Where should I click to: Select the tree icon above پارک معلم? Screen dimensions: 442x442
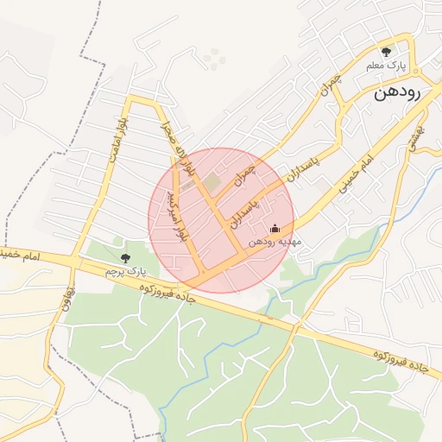pyautogui.click(x=386, y=52)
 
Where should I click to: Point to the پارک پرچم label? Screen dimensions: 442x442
pyautogui.click(x=122, y=271)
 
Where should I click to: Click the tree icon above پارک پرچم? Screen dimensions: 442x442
pyautogui.click(x=125, y=257)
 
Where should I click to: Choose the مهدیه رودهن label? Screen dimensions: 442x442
pyautogui.click(x=274, y=243)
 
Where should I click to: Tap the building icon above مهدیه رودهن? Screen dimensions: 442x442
pyautogui.click(x=275, y=229)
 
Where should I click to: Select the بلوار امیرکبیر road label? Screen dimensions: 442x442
pyautogui.click(x=174, y=215)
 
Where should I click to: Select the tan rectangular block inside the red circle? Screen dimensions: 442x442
pyautogui.click(x=212, y=183)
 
